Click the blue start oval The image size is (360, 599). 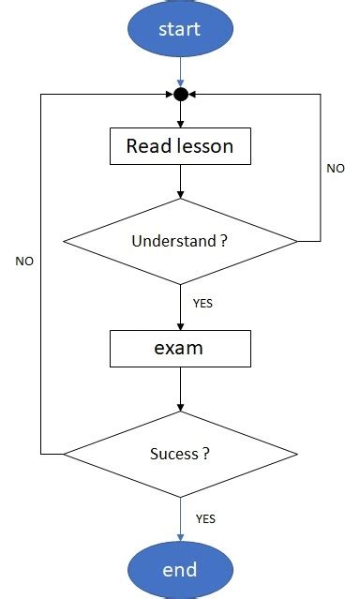click(180, 30)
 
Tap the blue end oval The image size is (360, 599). click(180, 569)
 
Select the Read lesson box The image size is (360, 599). click(180, 147)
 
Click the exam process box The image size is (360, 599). click(180, 349)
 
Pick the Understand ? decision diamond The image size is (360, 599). click(180, 241)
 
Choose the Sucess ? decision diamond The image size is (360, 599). click(180, 454)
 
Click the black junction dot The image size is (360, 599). click(180, 95)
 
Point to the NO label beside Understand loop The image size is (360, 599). click(335, 169)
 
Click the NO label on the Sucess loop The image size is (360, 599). click(24, 262)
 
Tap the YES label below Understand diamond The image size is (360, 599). click(202, 304)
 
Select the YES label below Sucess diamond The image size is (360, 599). click(206, 517)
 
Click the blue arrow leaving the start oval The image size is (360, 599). click(180, 71)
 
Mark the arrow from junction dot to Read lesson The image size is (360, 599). click(180, 114)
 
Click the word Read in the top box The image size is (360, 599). click(145, 147)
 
